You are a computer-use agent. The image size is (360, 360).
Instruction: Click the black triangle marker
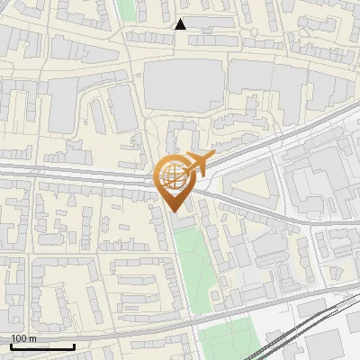point(181,24)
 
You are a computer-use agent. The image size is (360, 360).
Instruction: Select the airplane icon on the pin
point(197,164)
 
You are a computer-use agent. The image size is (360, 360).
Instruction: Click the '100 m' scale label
point(23,338)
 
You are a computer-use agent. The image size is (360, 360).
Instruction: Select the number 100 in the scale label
point(19,338)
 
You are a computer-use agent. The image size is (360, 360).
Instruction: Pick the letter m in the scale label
point(32,338)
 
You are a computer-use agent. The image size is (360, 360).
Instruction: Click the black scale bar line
point(41,346)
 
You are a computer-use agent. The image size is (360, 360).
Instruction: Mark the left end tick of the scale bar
point(11,345)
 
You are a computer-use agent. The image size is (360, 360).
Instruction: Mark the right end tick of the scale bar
point(73,345)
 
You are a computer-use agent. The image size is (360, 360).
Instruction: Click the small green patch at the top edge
point(127,9)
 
